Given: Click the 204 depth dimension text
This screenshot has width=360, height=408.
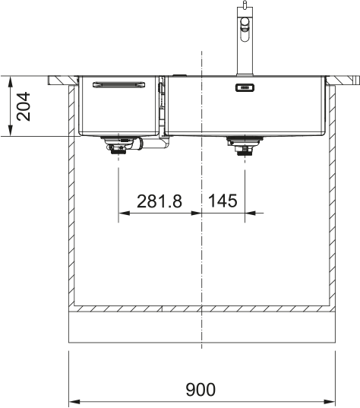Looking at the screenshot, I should coord(23,106).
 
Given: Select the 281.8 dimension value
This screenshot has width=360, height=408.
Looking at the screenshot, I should coord(159,201).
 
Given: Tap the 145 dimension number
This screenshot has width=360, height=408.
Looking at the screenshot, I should coord(222,201).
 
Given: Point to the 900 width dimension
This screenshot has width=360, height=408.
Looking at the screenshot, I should coord(201,390).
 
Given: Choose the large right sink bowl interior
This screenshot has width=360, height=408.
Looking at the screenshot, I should coord(247,114).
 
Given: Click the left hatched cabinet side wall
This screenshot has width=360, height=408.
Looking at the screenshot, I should coord(72,198).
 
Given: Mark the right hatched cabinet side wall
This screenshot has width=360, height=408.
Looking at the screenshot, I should coord(331,198).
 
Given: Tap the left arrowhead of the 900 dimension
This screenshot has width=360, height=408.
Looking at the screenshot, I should coord(74,401).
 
